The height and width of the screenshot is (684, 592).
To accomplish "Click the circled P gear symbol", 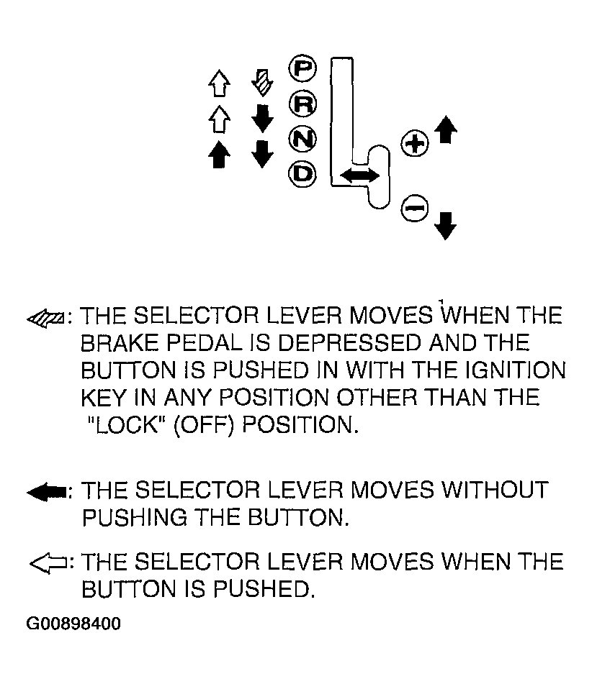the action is [302, 68].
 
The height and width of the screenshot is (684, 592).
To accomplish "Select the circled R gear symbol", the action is [302, 104].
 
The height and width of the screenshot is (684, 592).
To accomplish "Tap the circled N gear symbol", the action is [302, 139].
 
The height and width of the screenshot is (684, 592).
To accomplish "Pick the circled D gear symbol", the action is [302, 174].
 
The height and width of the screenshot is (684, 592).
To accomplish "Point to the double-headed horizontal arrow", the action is [359, 175].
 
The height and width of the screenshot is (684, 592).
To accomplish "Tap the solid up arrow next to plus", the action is [446, 129].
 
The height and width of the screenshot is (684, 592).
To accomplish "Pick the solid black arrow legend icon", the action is [46, 493].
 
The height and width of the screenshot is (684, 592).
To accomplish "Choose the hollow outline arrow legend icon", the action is [48, 563].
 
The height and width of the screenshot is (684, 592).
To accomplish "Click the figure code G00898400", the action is [73, 624].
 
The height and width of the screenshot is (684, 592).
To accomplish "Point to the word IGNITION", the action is [514, 370].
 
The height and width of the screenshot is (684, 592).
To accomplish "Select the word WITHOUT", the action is [495, 490].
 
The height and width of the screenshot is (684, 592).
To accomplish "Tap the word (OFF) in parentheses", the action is [204, 424].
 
